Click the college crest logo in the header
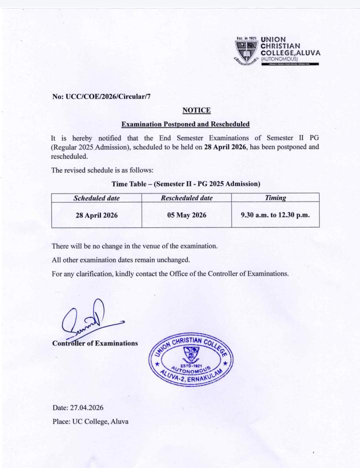(246, 51)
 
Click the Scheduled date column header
(97, 198)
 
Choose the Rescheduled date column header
(187, 198)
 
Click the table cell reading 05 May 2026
(187, 215)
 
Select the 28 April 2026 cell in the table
(97, 215)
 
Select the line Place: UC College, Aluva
(90, 421)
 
